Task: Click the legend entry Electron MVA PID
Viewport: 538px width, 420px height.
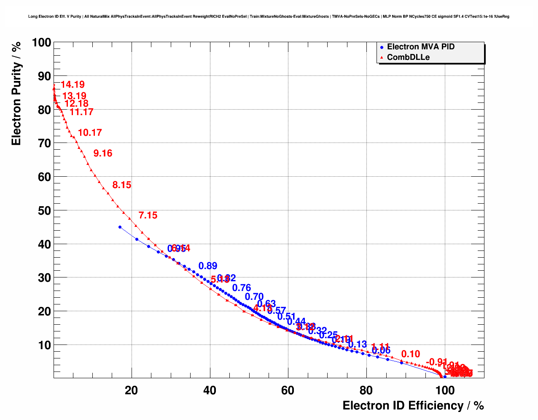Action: [x=420, y=47]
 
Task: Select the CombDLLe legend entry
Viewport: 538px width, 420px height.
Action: [x=408, y=57]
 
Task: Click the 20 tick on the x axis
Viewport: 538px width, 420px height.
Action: [x=132, y=390]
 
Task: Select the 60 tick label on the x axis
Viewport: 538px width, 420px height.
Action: [x=288, y=390]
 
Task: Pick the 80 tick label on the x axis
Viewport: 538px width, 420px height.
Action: [x=366, y=390]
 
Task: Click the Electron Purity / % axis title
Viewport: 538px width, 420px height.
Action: [x=16, y=94]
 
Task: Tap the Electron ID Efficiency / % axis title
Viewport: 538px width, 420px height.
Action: [x=413, y=406]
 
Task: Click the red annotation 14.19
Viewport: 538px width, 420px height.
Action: [x=73, y=85]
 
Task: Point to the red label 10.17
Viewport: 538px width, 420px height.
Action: [x=90, y=133]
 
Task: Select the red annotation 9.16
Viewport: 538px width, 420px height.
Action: [x=103, y=153]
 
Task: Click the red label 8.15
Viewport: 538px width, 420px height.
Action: [x=122, y=185]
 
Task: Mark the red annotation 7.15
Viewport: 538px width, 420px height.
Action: [x=148, y=215]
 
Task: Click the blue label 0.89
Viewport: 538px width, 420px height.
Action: [x=208, y=266]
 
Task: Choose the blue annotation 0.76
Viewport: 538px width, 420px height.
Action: [x=242, y=288]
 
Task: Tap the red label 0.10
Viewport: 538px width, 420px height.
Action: [x=411, y=354]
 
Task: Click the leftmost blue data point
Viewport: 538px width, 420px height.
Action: [x=120, y=227]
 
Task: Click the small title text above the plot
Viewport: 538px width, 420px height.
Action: [x=269, y=16]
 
